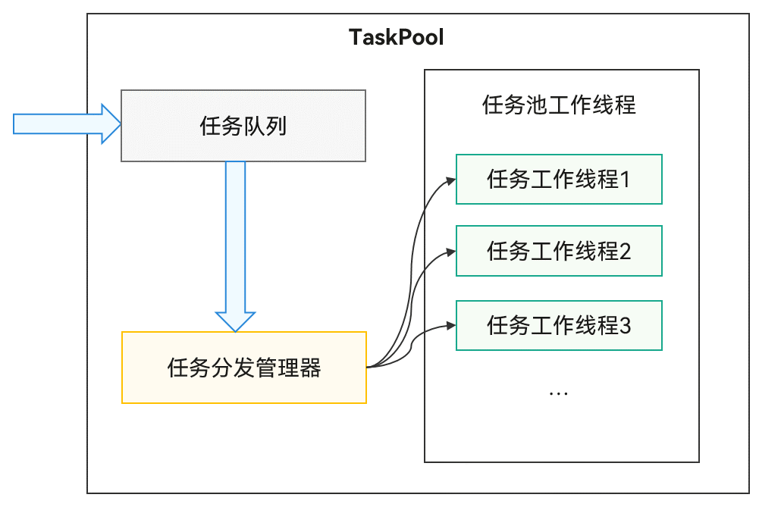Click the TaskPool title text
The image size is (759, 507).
(x=396, y=37)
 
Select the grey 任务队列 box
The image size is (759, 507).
(x=243, y=126)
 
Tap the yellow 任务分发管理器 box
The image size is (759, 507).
(x=243, y=368)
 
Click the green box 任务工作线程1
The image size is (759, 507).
(x=559, y=180)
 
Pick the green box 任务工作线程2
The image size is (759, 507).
(x=559, y=251)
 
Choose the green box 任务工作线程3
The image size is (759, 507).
(x=559, y=326)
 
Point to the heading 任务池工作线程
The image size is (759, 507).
(x=559, y=105)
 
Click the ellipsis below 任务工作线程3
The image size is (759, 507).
(x=558, y=393)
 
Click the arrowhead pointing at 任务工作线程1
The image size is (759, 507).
(x=450, y=180)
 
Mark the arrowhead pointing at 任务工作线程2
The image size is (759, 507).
(x=450, y=252)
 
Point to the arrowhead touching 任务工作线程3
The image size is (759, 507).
(x=450, y=327)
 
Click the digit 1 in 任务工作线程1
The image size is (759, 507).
(x=626, y=180)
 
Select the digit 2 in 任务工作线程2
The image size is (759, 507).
(x=626, y=251)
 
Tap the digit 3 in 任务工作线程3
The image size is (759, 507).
(x=626, y=326)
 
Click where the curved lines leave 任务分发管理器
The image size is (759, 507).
(x=369, y=367)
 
